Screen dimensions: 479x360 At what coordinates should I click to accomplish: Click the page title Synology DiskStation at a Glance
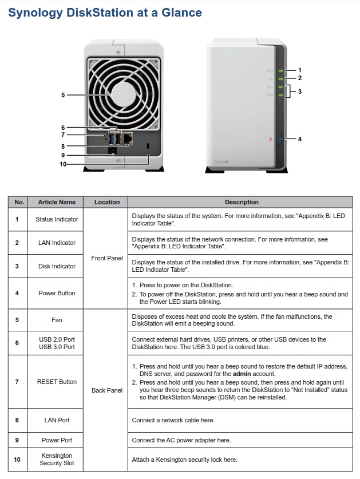tap(105, 12)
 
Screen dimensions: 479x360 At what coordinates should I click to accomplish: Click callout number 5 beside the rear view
tap(63, 95)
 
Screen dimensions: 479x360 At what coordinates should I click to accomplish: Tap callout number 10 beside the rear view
tap(63, 164)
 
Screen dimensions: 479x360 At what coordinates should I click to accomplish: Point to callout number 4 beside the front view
tap(299, 139)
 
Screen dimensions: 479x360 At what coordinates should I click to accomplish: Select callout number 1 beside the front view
tap(299, 70)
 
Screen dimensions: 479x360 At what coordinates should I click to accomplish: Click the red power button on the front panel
tap(270, 139)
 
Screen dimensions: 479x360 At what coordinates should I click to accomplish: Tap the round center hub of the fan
tap(122, 94)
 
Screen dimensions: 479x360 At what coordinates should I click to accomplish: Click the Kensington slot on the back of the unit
tap(149, 147)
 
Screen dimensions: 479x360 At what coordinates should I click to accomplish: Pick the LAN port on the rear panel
tap(128, 138)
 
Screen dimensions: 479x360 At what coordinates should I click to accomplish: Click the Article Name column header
tap(57, 202)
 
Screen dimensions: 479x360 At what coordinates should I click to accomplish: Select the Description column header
tap(242, 202)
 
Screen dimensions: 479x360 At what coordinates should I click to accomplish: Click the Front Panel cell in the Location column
tap(107, 258)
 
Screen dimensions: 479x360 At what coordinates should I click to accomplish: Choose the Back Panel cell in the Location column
tap(107, 390)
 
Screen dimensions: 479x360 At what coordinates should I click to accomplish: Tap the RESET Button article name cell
tap(57, 382)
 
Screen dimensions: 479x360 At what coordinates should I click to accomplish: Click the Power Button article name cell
tap(57, 293)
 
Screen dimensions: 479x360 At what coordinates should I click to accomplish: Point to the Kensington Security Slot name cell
tap(57, 459)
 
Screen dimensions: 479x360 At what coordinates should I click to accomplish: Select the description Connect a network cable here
tap(173, 420)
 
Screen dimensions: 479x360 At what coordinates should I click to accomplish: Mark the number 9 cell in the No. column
tap(17, 440)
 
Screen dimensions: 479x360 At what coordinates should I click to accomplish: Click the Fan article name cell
tap(57, 320)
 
